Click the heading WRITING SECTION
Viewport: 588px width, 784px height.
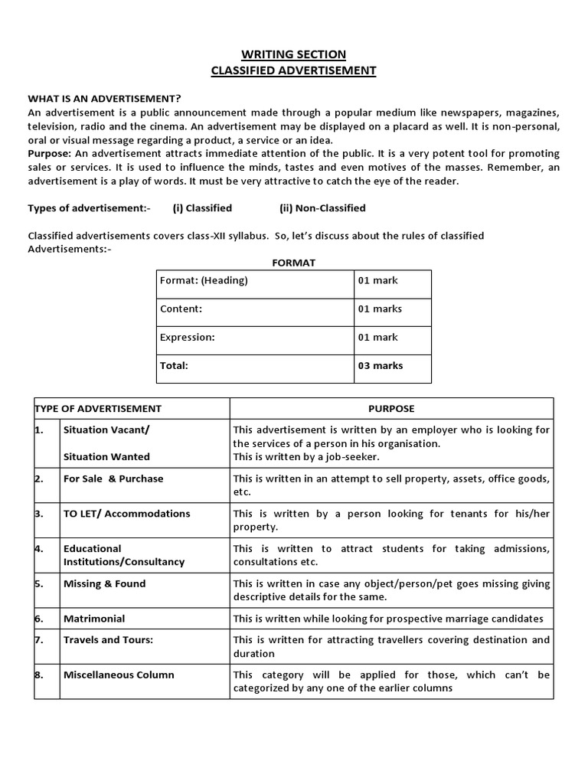[294, 54]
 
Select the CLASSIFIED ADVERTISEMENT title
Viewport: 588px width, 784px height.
[294, 70]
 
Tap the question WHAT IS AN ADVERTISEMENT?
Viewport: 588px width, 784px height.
[104, 99]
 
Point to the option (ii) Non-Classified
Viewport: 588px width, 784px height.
[322, 208]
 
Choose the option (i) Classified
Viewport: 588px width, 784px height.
[202, 208]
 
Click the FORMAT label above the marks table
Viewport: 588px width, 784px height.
[294, 263]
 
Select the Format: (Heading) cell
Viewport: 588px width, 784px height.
[204, 281]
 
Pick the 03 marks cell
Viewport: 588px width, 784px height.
[380, 366]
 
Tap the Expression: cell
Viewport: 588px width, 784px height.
[187, 338]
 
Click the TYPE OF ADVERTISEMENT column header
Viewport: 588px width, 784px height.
[98, 409]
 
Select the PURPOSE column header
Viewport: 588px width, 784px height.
[391, 409]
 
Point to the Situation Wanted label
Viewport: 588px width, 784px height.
[106, 457]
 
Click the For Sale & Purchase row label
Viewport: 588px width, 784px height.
[113, 479]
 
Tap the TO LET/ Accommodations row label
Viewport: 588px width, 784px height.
[126, 514]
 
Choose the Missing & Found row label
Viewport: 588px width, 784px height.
[104, 584]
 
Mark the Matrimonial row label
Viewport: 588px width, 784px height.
[94, 619]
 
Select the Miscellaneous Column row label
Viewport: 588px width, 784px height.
[119, 675]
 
